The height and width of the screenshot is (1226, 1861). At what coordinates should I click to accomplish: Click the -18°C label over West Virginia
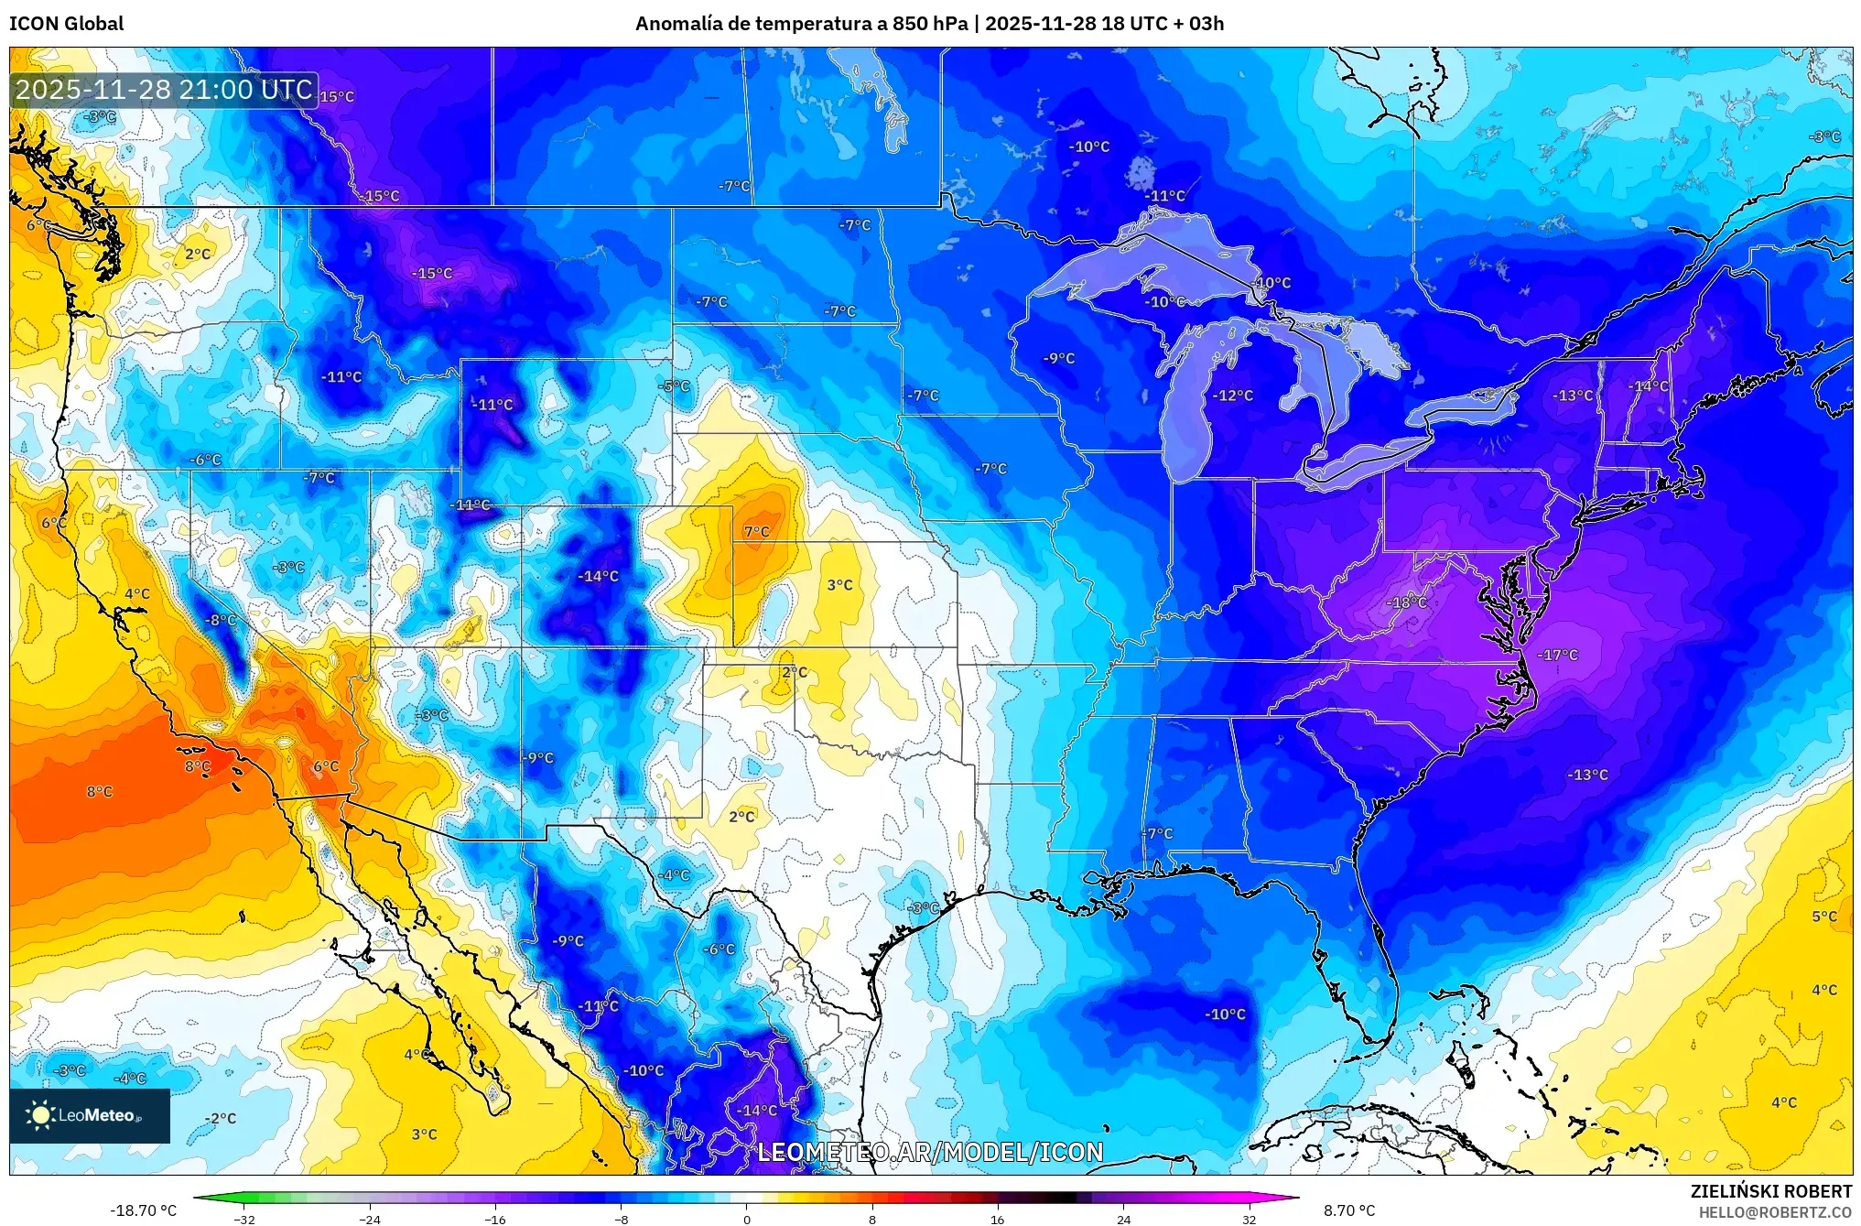coord(1406,602)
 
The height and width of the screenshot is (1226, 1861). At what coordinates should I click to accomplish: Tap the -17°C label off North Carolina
coord(1558,656)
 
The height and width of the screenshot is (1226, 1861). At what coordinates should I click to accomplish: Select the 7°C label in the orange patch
coord(756,532)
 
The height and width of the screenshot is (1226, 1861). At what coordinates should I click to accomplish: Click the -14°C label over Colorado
coord(599,577)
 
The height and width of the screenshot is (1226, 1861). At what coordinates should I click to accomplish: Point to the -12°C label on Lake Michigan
coord(1233,396)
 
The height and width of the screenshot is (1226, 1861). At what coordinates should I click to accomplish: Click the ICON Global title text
coord(66,24)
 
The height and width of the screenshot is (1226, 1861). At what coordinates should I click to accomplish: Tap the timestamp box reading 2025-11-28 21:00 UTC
coord(165,90)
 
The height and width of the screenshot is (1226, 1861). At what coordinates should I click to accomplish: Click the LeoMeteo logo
coord(90,1115)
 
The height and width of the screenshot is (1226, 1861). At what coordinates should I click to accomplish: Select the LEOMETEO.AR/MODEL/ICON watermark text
coord(930,1153)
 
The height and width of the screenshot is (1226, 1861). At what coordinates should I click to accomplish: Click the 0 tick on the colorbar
coord(747,1219)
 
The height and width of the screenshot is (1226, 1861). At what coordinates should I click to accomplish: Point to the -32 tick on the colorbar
coord(244,1219)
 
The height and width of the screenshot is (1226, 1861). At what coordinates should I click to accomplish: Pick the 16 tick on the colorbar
coord(998,1219)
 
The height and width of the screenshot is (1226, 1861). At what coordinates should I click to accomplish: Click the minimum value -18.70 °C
coord(144,1210)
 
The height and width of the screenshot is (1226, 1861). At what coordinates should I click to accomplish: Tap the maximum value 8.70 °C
coord(1349,1210)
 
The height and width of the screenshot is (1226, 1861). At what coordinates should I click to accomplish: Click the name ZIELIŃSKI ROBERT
coord(1771,1192)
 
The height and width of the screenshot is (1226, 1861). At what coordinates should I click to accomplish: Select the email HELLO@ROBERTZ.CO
coord(1775,1212)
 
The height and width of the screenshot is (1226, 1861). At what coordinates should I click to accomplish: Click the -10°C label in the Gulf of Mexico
coord(1225,1014)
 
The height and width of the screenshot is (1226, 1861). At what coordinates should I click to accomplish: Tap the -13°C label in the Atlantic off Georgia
coord(1587,775)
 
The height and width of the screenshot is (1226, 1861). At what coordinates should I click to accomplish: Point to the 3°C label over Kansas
coord(839,585)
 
